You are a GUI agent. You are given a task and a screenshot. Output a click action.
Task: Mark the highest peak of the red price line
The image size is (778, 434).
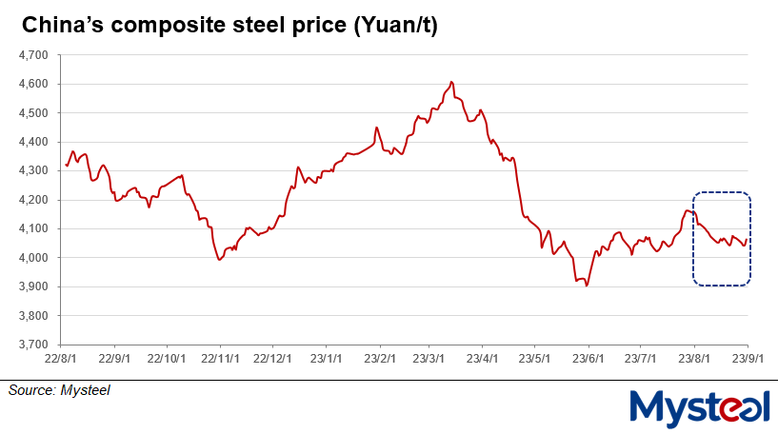click(x=451, y=82)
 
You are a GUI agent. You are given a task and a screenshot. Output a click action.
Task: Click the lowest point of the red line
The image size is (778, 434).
click(x=586, y=286)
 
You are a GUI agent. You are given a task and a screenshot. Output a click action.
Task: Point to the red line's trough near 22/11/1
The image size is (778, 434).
click(x=220, y=259)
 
